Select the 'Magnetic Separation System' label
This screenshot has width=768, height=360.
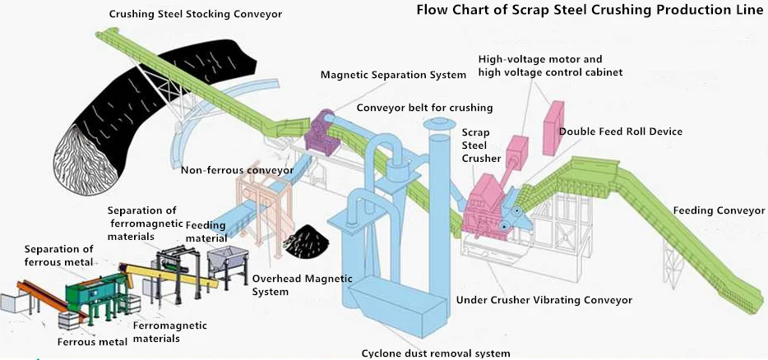pos(394,76)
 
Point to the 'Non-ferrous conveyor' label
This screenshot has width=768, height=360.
pos(237,171)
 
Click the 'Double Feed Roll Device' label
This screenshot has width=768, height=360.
pos(621,132)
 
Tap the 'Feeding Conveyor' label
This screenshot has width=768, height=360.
pos(719,210)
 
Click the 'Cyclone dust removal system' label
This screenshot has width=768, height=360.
pos(436,353)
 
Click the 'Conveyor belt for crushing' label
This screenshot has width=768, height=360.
pos(424,108)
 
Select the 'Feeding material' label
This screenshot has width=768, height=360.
pos(206,231)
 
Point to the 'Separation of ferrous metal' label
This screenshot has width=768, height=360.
pos(59,256)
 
